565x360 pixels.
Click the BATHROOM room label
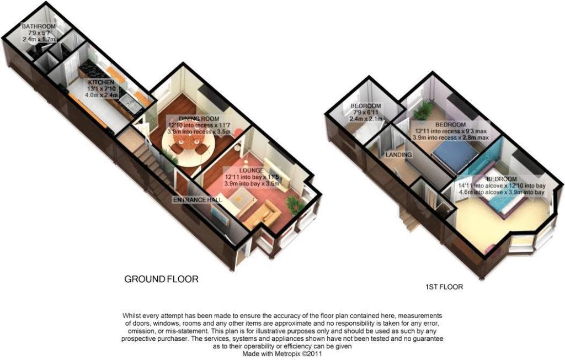tap(39, 27)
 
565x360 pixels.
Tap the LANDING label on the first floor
tap(399, 155)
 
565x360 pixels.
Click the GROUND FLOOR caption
tap(161, 279)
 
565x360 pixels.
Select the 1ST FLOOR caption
tap(444, 287)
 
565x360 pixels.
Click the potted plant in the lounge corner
tap(295, 205)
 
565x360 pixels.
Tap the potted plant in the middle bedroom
tap(424, 110)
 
